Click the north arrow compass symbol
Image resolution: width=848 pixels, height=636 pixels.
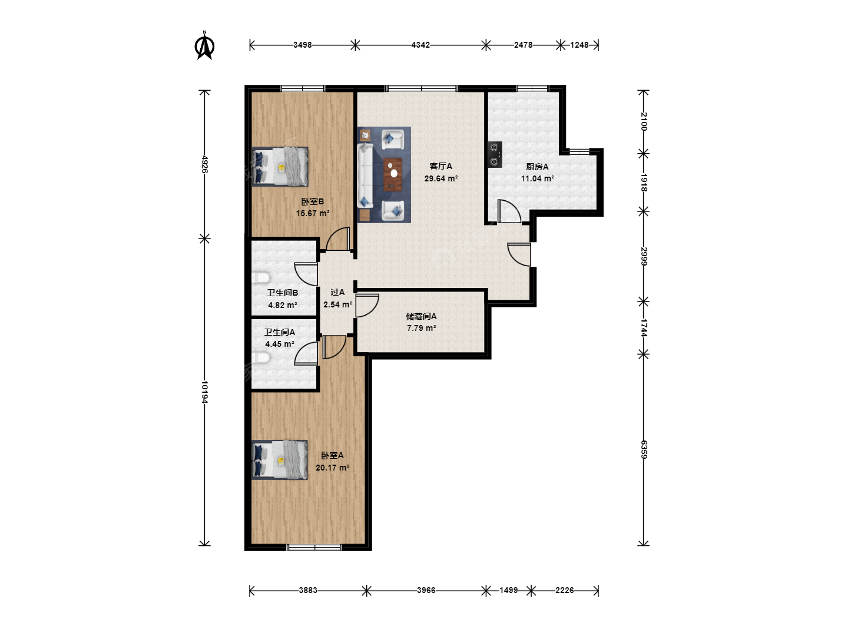tap(204, 46)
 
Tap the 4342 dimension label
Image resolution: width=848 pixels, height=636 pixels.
tap(420, 45)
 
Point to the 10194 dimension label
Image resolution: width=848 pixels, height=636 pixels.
tap(205, 392)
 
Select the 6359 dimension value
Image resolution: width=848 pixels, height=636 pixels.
tap(644, 449)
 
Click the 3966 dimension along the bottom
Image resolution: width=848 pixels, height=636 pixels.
tap(426, 590)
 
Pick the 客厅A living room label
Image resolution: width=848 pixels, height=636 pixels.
tap(441, 166)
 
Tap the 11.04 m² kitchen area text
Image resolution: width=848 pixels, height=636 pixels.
tap(538, 178)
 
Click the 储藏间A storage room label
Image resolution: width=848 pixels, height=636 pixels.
tap(421, 316)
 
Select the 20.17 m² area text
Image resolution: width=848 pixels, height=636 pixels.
tap(332, 468)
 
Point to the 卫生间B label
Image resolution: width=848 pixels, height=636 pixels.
tap(283, 293)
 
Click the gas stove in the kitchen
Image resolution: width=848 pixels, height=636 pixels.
tap(495, 154)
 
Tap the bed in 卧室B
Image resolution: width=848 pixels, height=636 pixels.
tap(280, 167)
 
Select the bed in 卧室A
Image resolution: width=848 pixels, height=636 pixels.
tap(280, 460)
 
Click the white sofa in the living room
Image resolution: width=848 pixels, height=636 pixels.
tap(365, 175)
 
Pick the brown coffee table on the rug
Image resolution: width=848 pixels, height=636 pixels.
tap(393, 174)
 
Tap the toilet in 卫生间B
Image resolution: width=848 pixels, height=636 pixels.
tap(261, 278)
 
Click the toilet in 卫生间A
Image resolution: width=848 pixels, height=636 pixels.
tap(261, 358)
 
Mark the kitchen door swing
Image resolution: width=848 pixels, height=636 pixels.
tap(509, 211)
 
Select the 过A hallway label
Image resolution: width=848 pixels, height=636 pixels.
tap(337, 292)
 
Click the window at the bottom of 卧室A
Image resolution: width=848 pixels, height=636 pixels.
tap(314, 547)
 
